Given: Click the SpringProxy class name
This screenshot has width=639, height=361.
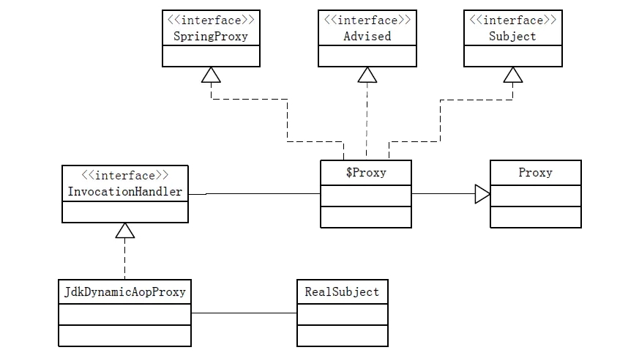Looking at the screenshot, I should click(211, 36).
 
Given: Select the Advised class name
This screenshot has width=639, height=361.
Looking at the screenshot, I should click(366, 36).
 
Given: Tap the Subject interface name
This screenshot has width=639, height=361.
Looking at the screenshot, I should click(513, 36).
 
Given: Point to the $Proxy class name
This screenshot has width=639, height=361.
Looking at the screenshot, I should click(366, 173).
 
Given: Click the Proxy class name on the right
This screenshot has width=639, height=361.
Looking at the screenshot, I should click(535, 173).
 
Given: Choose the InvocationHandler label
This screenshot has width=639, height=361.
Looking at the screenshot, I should click(125, 192).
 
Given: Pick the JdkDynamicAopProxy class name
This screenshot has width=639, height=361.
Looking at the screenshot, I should click(124, 291).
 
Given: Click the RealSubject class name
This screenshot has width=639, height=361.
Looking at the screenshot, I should click(342, 291).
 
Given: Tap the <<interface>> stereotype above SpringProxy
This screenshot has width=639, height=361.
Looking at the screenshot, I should click(211, 21).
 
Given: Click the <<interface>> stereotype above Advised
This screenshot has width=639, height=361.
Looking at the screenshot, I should click(366, 21).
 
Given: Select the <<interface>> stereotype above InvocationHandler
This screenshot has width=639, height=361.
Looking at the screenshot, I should click(125, 176).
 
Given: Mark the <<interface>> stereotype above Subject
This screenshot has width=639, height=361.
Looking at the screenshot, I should click(513, 21).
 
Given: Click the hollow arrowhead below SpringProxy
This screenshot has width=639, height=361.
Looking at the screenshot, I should click(211, 75).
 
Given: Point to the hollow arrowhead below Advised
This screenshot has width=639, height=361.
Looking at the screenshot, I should click(367, 75).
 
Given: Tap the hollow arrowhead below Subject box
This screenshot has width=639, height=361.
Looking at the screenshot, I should click(513, 75).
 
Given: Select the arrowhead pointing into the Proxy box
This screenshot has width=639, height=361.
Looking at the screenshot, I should click(482, 194).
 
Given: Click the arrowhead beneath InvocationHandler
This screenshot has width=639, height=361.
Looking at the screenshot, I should click(125, 231).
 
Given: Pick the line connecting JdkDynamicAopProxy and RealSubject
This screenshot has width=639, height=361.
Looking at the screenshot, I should click(244, 313).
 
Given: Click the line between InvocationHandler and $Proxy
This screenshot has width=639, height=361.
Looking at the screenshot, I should click(264, 193).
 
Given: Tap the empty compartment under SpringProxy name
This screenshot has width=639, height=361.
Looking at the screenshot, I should click(211, 56).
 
